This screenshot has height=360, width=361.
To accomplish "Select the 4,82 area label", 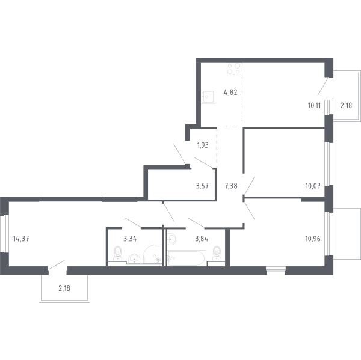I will point(230,93).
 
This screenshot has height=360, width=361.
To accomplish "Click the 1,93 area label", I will point(203,144).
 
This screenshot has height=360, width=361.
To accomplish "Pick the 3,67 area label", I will point(202,186).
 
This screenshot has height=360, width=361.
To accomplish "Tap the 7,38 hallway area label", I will point(231,186).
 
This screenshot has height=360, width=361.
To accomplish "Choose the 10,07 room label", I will point(312,186).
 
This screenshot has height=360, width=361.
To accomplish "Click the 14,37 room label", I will point(20,238).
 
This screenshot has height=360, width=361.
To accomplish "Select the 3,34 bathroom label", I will point(129,238).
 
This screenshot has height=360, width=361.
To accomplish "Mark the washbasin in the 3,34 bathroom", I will point(134,258).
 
